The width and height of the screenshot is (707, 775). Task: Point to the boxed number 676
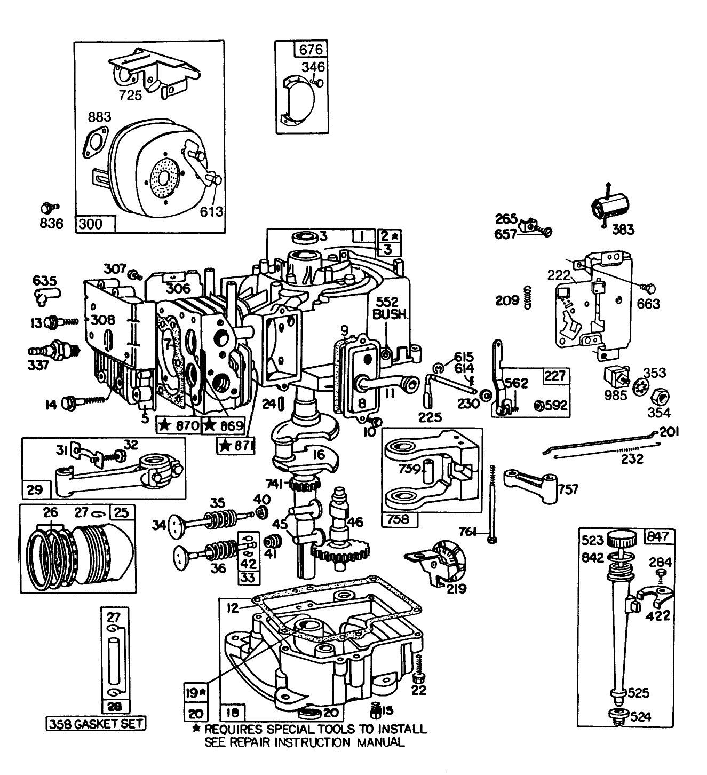(311, 50)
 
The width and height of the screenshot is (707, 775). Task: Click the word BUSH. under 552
(390, 315)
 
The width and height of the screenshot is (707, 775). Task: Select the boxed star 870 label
(178, 426)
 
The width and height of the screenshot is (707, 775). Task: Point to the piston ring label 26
(51, 513)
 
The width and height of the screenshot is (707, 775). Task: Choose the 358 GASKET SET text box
(96, 724)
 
